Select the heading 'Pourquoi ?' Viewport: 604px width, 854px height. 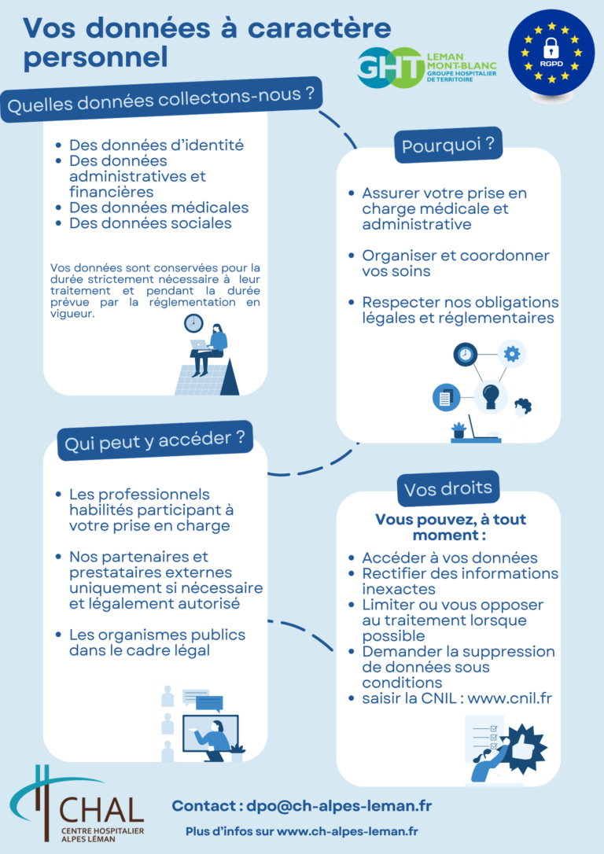click(x=447, y=145)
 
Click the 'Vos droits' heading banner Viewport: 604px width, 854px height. click(x=448, y=488)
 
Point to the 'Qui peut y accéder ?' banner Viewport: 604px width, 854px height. click(x=155, y=440)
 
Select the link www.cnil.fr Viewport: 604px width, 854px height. click(x=510, y=698)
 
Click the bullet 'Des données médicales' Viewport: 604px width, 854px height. click(x=158, y=208)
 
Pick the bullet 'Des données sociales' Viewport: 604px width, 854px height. click(x=150, y=223)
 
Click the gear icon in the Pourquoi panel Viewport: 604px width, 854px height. click(x=512, y=355)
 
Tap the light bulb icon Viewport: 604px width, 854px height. click(x=490, y=392)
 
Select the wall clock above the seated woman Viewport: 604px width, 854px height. click(x=193, y=322)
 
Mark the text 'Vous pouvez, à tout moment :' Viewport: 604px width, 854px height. click(x=450, y=527)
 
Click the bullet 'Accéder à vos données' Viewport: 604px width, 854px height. click(x=449, y=558)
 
